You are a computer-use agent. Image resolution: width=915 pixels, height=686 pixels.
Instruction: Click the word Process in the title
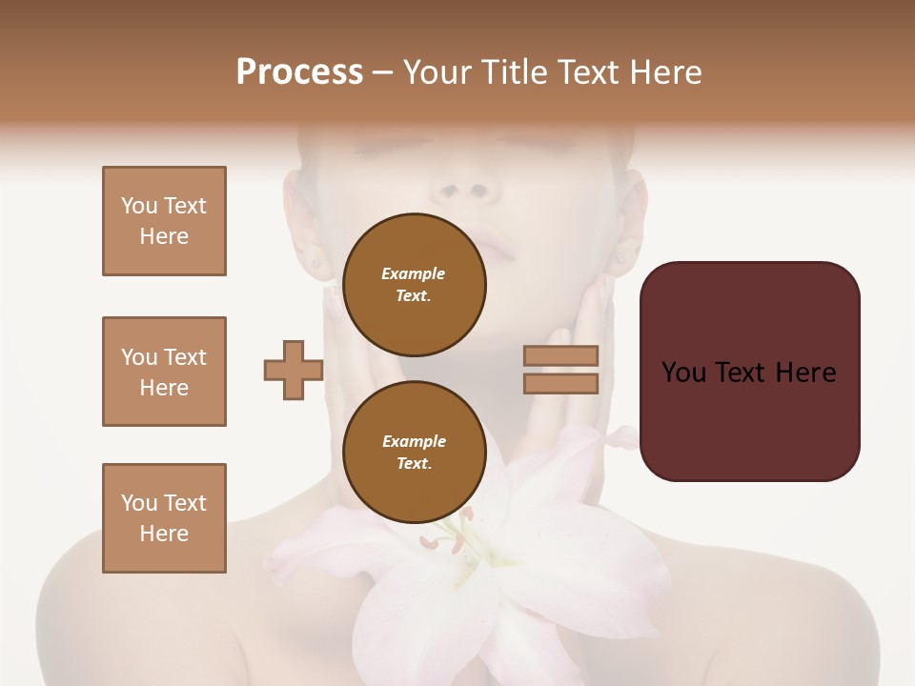[x=299, y=72]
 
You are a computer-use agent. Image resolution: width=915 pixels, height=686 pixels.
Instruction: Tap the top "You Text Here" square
[x=164, y=221]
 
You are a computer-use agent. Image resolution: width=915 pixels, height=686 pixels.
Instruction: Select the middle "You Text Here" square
[x=164, y=372]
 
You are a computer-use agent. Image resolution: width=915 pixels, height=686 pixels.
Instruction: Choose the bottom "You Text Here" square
[x=164, y=518]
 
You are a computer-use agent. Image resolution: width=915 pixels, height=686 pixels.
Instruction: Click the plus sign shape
[x=294, y=370]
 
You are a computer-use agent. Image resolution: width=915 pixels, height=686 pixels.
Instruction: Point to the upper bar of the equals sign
[x=561, y=355]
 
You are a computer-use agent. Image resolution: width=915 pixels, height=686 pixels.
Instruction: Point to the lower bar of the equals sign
[x=561, y=383]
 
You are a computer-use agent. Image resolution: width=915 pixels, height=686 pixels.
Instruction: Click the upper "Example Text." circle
[x=414, y=284]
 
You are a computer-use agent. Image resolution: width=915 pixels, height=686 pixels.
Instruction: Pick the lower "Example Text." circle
[x=414, y=452]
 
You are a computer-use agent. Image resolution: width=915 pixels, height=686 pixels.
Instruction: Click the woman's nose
[x=465, y=187]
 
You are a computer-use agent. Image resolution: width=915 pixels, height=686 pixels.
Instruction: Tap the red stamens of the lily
[x=444, y=544]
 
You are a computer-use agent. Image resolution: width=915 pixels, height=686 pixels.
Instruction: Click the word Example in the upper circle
[x=414, y=273]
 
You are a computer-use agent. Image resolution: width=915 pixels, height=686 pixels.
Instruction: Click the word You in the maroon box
[x=684, y=373]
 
